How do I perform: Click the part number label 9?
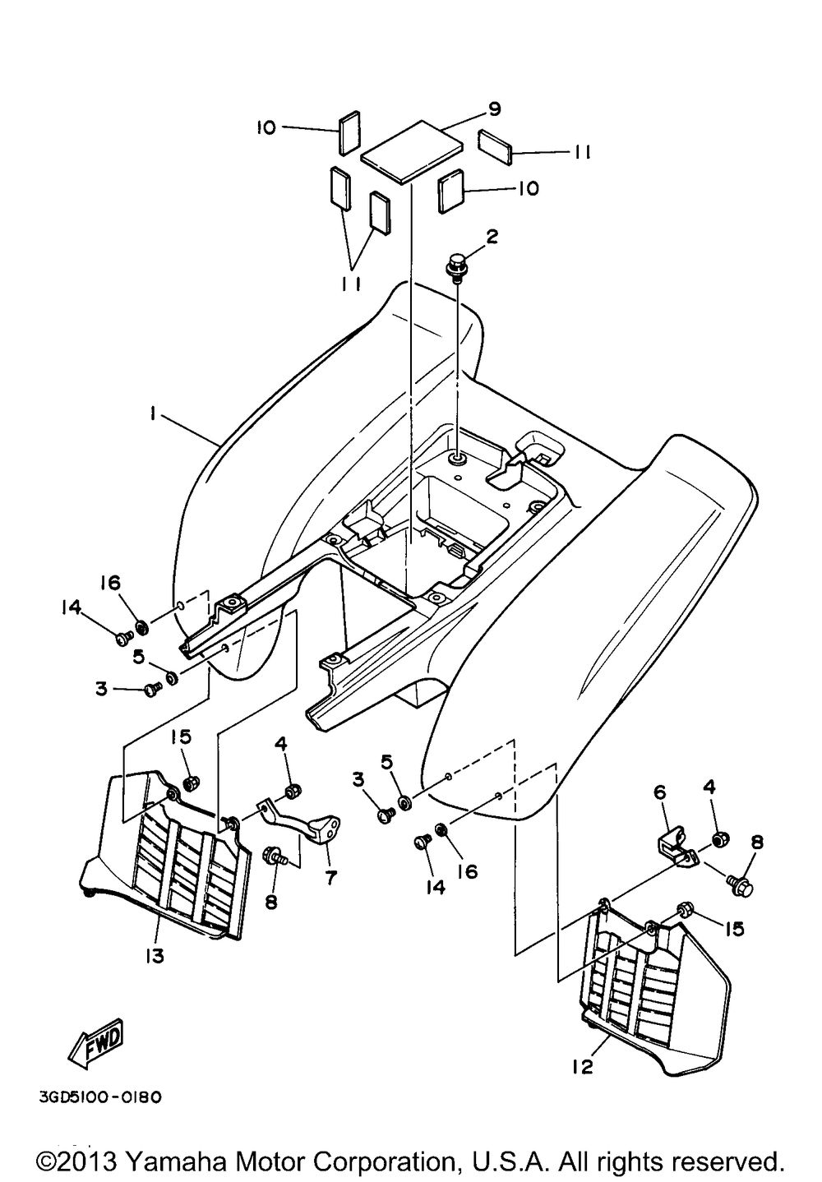pos(494,109)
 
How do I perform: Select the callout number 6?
pos(659,792)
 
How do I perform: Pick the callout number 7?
pos(330,877)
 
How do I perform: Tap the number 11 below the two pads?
pos(350,284)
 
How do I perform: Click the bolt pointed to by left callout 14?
pos(124,638)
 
